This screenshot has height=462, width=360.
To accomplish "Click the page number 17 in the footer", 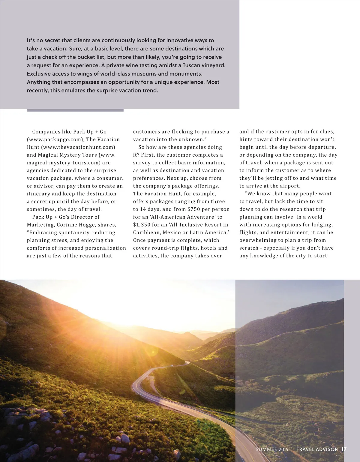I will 344,449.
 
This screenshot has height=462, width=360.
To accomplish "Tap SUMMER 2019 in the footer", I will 272,449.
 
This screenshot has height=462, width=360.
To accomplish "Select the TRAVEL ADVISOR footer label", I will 317,449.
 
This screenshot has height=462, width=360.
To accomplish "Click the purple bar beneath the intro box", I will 75,110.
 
